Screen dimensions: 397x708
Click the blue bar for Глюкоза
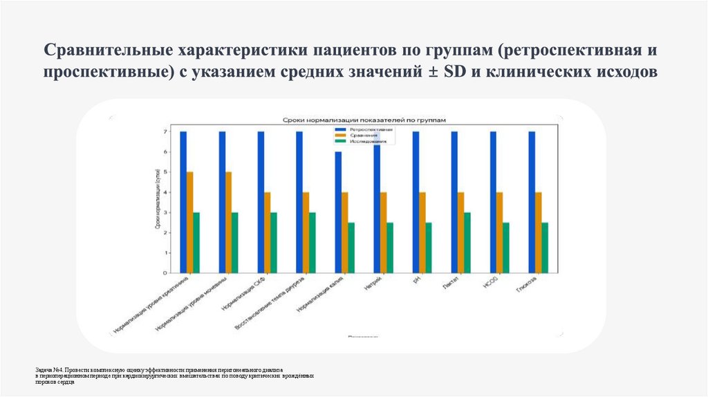click(532, 202)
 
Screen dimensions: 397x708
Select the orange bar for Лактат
click(461, 232)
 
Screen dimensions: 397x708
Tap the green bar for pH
click(429, 248)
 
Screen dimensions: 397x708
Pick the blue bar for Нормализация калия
click(338, 212)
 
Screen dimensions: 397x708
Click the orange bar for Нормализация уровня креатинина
click(189, 222)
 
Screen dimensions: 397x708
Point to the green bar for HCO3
click(506, 248)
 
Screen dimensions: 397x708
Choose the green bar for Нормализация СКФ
click(274, 243)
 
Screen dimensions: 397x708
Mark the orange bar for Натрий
click(384, 232)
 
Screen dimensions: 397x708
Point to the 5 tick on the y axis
click(166, 172)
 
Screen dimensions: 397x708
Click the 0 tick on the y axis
click(166, 273)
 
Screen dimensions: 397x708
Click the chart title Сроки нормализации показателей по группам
click(363, 120)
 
